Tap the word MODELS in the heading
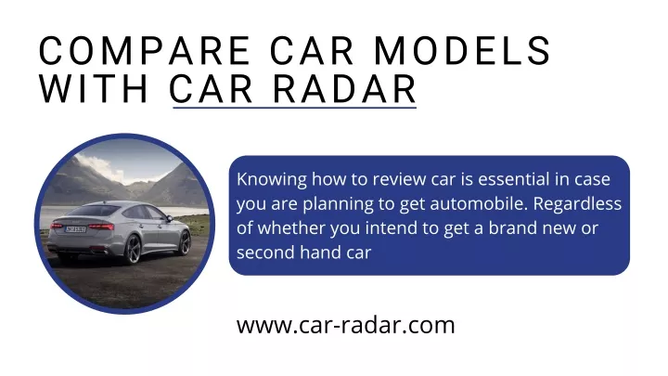coord(463,51)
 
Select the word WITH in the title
coord(94,89)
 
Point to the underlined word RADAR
coord(344,89)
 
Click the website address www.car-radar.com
coord(345,325)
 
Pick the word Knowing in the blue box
coord(271,180)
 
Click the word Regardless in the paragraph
coord(577,204)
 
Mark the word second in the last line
coord(266,252)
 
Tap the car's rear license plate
coord(75,229)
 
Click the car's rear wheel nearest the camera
coord(133,250)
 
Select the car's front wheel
coord(185,243)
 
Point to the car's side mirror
coord(169,219)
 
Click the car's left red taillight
coord(56,225)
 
